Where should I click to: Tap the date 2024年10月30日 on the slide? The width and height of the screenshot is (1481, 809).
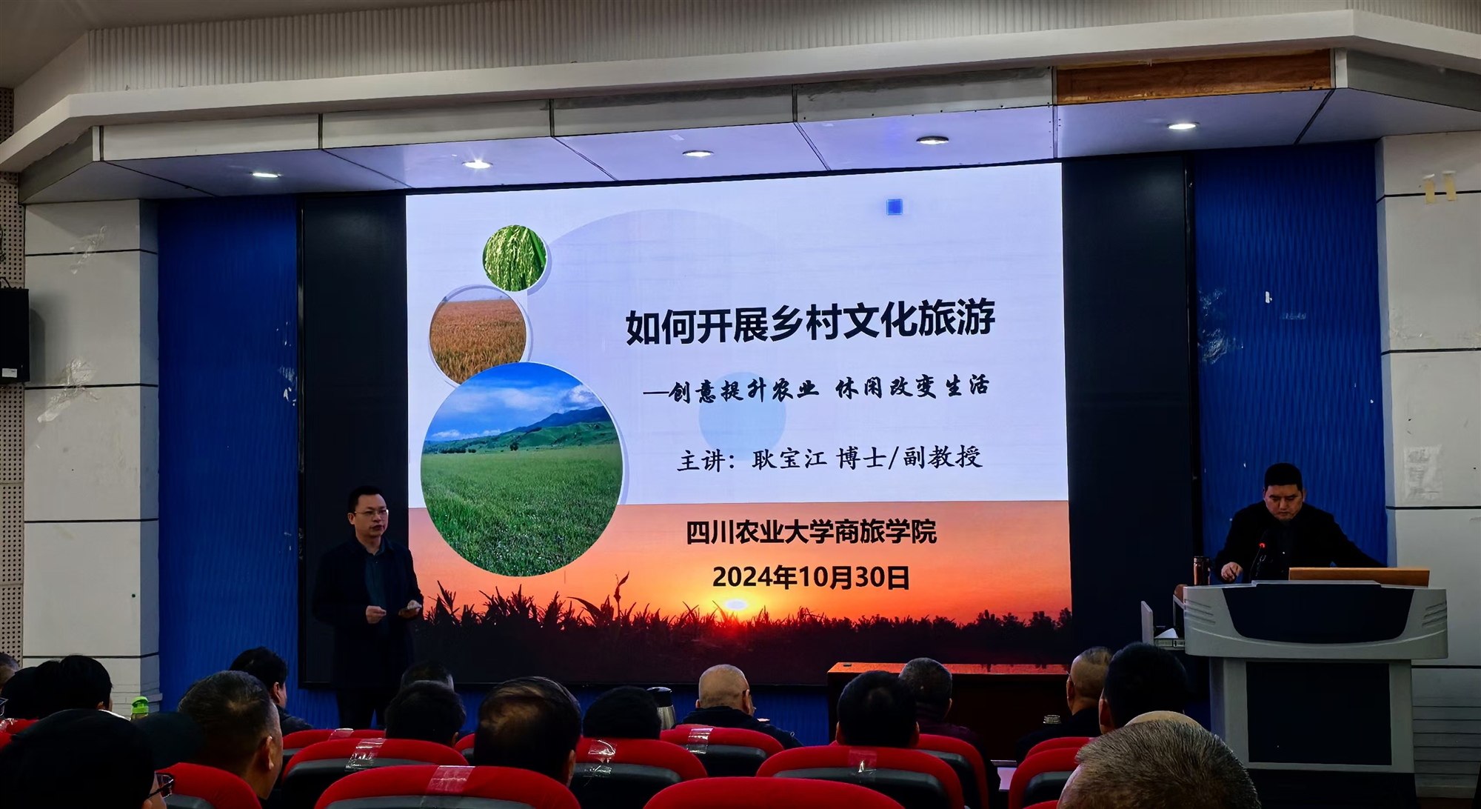click(x=811, y=577)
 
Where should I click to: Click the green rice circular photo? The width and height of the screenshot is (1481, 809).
click(x=515, y=258)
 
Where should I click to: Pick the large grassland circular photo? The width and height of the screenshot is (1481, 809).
click(x=521, y=469)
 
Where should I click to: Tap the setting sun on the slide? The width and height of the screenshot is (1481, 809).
click(x=735, y=605)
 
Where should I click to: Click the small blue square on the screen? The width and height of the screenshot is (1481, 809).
click(x=895, y=207)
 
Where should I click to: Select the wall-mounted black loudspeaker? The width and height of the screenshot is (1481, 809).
click(x=14, y=334)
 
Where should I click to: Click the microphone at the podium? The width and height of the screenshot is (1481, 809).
click(x=1257, y=560)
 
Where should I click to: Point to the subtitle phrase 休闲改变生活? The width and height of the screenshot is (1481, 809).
click(x=912, y=387)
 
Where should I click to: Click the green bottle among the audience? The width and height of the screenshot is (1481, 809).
click(x=139, y=708)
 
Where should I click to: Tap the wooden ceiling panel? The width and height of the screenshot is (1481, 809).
click(x=1193, y=76)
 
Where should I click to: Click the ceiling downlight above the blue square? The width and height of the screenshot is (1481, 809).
click(x=932, y=140)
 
